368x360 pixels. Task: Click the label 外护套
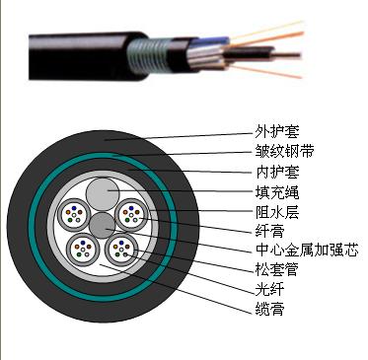pos(277,132)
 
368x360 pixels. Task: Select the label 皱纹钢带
pos(284,152)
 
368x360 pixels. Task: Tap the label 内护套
pos(277,172)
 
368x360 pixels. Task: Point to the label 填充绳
pos(277,192)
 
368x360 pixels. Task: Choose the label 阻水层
pos(277,212)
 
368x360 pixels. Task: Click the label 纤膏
pos(269,232)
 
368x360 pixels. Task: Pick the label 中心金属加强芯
pos(307,251)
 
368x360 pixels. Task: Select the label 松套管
pos(277,269)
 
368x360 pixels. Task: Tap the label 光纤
pos(269,289)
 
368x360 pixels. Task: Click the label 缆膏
pos(269,309)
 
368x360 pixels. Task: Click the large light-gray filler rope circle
pos(103,194)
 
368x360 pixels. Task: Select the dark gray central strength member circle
pos(103,226)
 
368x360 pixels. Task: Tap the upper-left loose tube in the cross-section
pos(74,215)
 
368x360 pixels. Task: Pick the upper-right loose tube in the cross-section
pos(131,215)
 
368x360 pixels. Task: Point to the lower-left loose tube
pos(83,249)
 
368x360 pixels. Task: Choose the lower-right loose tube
pos(121,249)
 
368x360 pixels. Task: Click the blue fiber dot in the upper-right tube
pos(131,208)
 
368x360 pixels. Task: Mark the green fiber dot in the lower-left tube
pos(79,254)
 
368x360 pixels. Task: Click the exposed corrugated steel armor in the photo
pos(147,55)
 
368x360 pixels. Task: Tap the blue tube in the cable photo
pos(212,41)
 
